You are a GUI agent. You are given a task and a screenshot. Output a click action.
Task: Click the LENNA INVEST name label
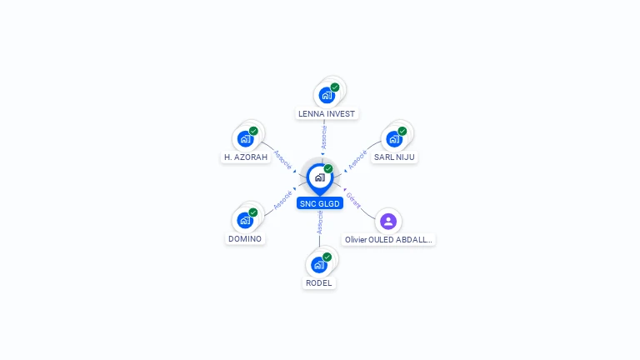[327, 113]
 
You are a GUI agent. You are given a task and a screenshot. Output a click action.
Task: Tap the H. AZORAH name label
[246, 157]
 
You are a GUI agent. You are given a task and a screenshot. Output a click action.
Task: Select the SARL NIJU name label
[394, 157]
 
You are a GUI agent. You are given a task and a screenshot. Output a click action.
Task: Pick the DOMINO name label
[245, 239]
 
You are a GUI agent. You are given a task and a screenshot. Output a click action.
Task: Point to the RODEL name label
[318, 282]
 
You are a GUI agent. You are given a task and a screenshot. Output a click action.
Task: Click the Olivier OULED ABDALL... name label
[389, 239]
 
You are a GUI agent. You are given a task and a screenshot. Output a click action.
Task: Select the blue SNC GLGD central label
[320, 203]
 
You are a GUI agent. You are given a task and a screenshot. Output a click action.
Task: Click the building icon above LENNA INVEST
[326, 95]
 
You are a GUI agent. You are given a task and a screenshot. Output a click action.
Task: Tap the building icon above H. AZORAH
[245, 138]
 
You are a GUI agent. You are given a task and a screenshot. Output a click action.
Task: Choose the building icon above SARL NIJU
[393, 138]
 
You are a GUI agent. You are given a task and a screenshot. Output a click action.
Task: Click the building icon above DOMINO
[244, 220]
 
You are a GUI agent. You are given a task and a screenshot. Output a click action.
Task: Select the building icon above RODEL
[317, 264]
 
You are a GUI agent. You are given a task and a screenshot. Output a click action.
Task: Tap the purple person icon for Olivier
[387, 221]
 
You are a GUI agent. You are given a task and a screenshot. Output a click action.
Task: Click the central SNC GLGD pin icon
[319, 177]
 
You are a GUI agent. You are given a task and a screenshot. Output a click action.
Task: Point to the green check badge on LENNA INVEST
[335, 87]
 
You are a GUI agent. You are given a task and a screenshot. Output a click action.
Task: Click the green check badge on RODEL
[327, 257]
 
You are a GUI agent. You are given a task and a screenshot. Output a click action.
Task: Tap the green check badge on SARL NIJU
[402, 131]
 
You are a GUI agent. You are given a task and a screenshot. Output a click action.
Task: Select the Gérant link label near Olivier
[353, 200]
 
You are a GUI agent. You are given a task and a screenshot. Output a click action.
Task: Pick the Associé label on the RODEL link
[320, 222]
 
